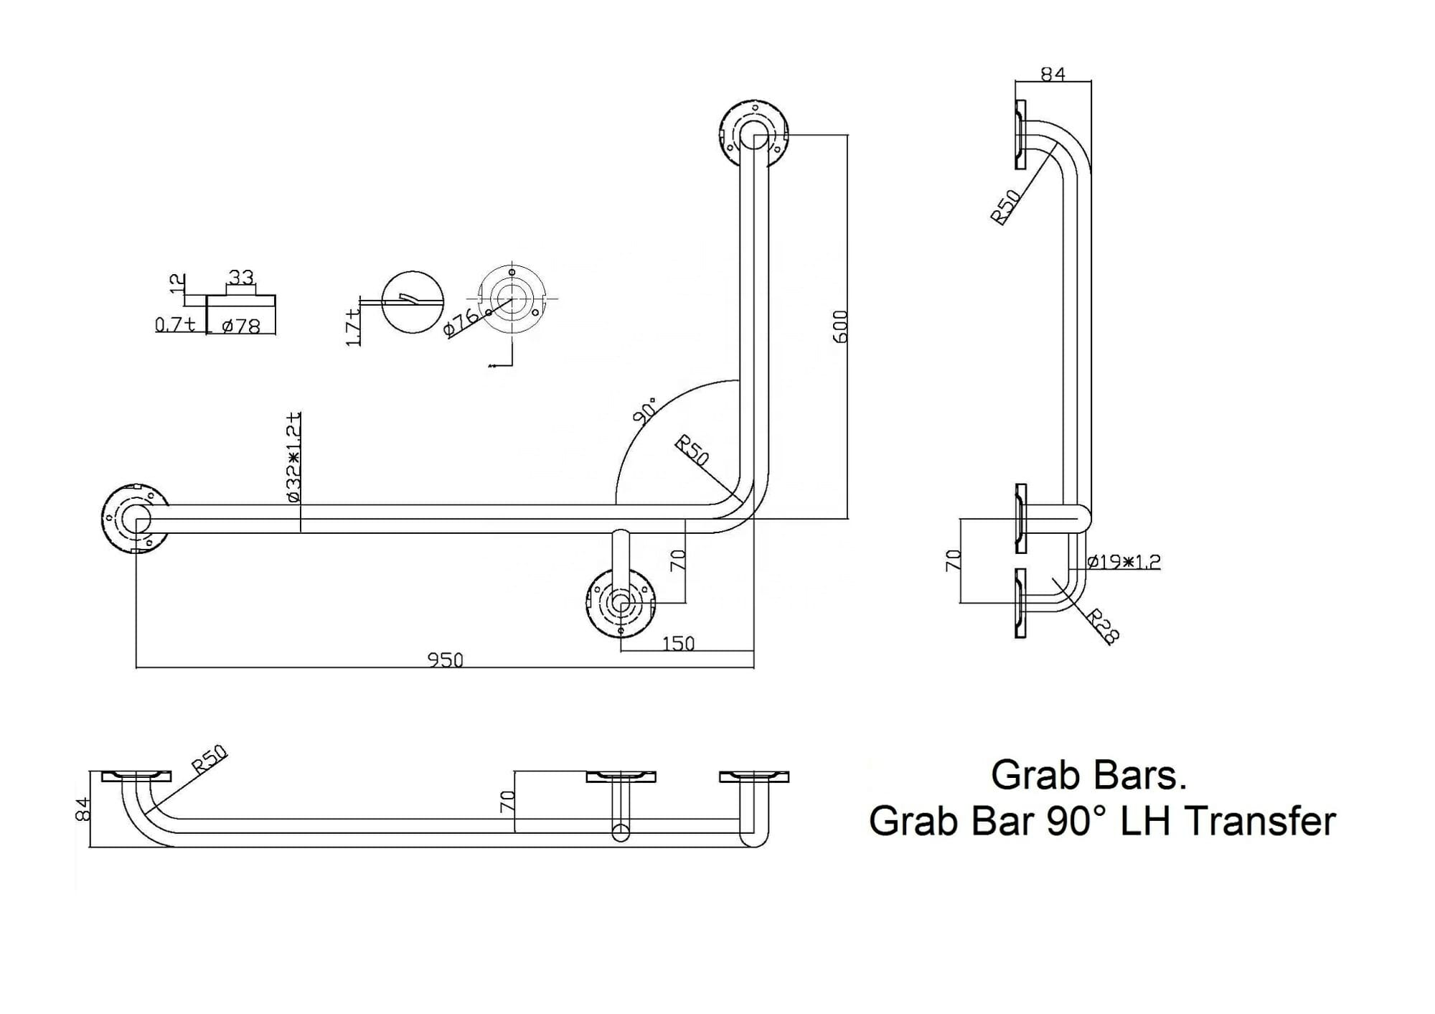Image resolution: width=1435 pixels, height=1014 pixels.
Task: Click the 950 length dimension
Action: tap(446, 659)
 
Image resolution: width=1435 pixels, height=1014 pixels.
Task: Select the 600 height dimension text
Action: tap(840, 327)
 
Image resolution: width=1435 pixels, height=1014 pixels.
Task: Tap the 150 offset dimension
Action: tap(678, 643)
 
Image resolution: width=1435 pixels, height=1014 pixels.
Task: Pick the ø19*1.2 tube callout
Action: tap(1124, 561)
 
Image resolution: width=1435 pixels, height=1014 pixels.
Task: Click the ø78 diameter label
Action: tap(241, 326)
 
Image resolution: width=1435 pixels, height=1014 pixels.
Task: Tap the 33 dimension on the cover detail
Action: tap(241, 276)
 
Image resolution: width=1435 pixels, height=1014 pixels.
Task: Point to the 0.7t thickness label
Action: tap(175, 324)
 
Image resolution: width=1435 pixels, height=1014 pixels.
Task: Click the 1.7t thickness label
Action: tap(353, 328)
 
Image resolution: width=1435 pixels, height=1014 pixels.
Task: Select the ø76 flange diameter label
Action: tap(461, 322)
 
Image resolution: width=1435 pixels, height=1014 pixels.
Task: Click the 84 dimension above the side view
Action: tap(1053, 74)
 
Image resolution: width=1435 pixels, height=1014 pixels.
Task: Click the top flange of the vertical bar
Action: tap(754, 134)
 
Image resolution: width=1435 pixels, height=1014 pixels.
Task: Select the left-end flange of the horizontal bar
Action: tap(136, 519)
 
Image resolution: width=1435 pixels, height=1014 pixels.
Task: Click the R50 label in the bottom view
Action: tap(210, 760)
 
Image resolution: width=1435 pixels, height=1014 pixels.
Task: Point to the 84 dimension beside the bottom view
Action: tap(83, 809)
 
